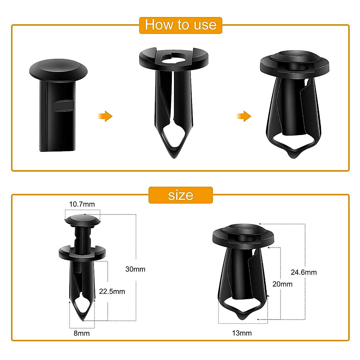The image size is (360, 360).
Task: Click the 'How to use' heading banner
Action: tap(181, 25)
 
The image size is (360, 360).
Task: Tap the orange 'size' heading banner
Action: tap(181, 195)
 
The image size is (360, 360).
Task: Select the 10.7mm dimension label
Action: tap(82, 204)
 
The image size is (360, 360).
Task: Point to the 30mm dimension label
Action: tap(135, 269)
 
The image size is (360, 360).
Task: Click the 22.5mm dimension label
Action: tap(112, 291)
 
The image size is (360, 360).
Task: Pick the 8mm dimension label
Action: tap(82, 333)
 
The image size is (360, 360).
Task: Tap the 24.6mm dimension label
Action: tap(304, 272)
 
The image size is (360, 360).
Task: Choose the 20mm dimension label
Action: tap(282, 284)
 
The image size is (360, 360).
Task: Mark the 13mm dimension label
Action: tap(242, 333)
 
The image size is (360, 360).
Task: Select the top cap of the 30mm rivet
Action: tap(82, 220)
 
